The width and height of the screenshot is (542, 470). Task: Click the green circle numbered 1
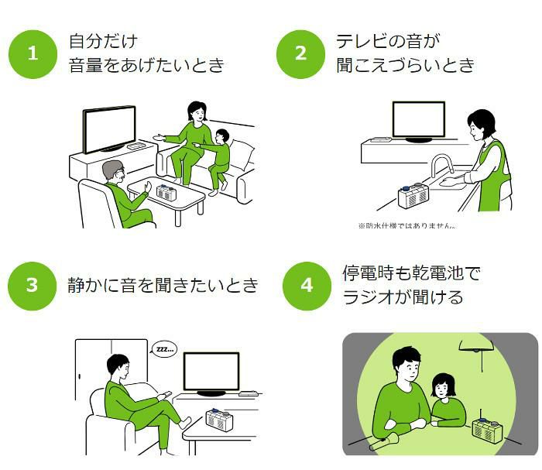click(33, 53)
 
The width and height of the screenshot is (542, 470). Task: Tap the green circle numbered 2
click(300, 53)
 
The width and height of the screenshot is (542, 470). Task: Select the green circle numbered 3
click(33, 285)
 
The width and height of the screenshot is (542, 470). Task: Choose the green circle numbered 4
click(307, 285)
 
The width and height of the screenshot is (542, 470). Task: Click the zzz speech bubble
click(164, 349)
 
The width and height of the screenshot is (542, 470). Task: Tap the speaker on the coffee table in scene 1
click(167, 190)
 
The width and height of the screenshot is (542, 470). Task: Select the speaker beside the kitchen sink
click(413, 197)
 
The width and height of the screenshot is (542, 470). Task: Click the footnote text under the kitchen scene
click(406, 226)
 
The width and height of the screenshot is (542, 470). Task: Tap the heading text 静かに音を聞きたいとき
click(163, 285)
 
